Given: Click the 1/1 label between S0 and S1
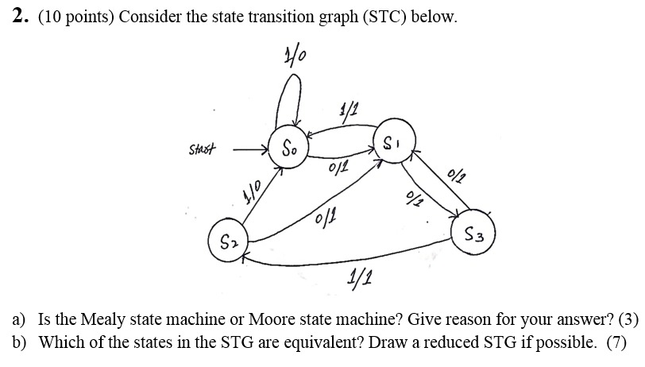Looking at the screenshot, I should (346, 109).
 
